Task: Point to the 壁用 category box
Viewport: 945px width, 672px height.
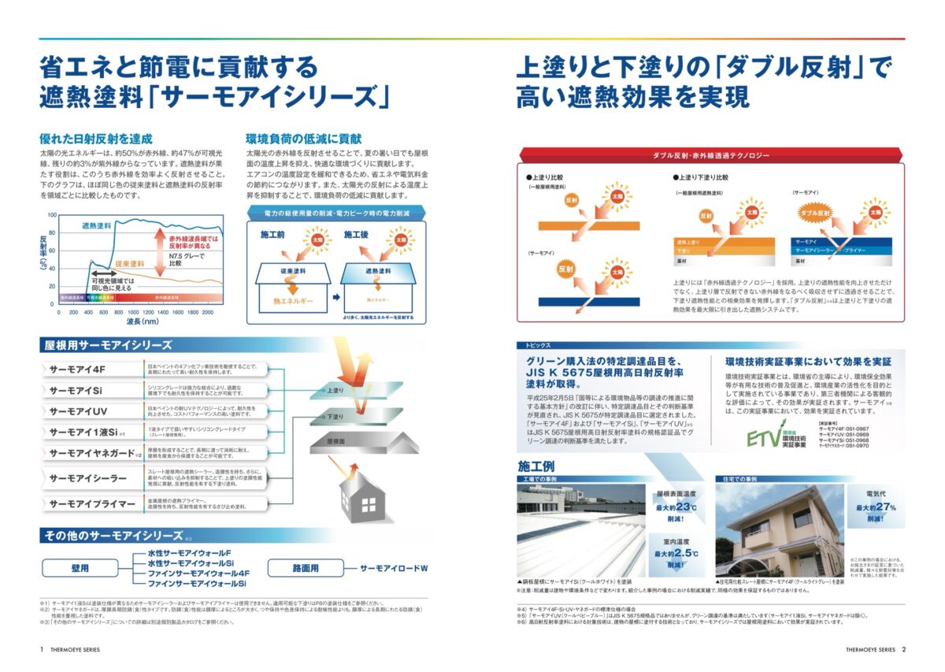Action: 79,567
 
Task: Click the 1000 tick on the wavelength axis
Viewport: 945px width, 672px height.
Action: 132,312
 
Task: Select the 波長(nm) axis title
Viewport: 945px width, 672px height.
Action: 143,322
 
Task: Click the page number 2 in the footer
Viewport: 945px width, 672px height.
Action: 903,650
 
